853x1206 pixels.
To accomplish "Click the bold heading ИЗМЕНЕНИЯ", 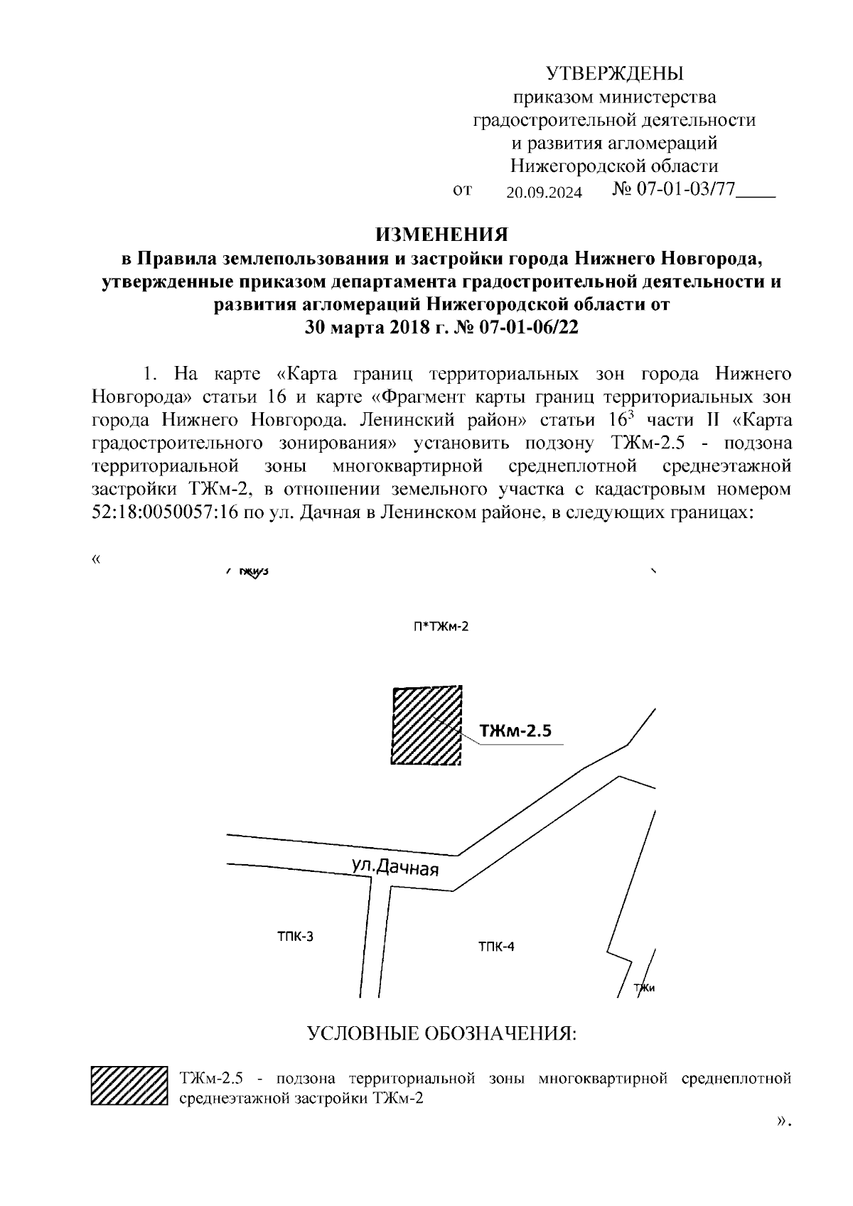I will pyautogui.click(x=442, y=235).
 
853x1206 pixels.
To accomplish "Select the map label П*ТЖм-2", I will pyautogui.click(x=441, y=627).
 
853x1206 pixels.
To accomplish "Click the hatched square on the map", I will pyautogui.click(x=426, y=725).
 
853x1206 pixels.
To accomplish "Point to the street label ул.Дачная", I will pyautogui.click(x=395, y=867).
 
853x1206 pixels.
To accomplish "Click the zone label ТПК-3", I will pyautogui.click(x=295, y=936).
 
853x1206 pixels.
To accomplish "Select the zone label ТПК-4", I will pyautogui.click(x=496, y=946).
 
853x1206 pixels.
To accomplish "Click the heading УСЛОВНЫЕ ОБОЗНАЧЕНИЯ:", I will pyautogui.click(x=441, y=1033).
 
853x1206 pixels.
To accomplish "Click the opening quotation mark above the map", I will pyautogui.click(x=96, y=559).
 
